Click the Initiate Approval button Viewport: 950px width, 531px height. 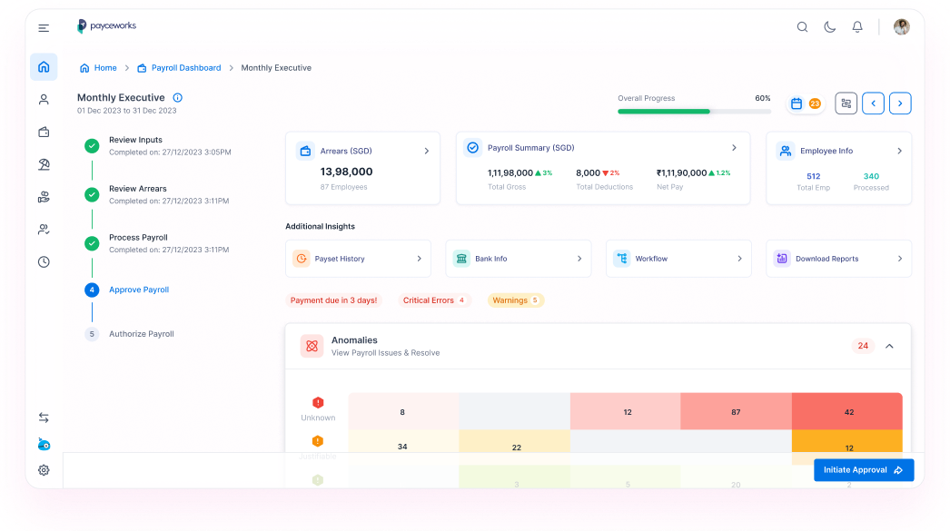pyautogui.click(x=863, y=470)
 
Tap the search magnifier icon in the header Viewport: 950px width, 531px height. pyautogui.click(x=802, y=27)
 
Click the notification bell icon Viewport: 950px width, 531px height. pyautogui.click(x=856, y=27)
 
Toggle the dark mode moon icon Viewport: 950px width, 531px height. pyautogui.click(x=829, y=27)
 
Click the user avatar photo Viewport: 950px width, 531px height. pyautogui.click(x=901, y=27)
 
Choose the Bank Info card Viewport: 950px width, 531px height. pyautogui.click(x=518, y=259)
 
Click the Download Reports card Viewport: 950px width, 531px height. pyautogui.click(x=837, y=259)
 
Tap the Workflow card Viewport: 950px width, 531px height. pyautogui.click(x=678, y=259)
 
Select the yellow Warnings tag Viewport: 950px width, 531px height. pyautogui.click(x=515, y=300)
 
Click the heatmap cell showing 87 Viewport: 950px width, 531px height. pyautogui.click(x=735, y=412)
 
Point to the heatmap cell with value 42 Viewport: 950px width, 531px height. pyautogui.click(x=847, y=412)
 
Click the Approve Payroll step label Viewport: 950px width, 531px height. pyautogui.click(x=139, y=290)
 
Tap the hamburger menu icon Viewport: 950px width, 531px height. pyautogui.click(x=44, y=28)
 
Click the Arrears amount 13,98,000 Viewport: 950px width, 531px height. pyautogui.click(x=346, y=172)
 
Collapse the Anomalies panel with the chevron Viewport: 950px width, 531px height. pyautogui.click(x=889, y=346)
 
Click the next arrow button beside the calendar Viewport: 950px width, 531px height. pyautogui.click(x=899, y=103)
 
